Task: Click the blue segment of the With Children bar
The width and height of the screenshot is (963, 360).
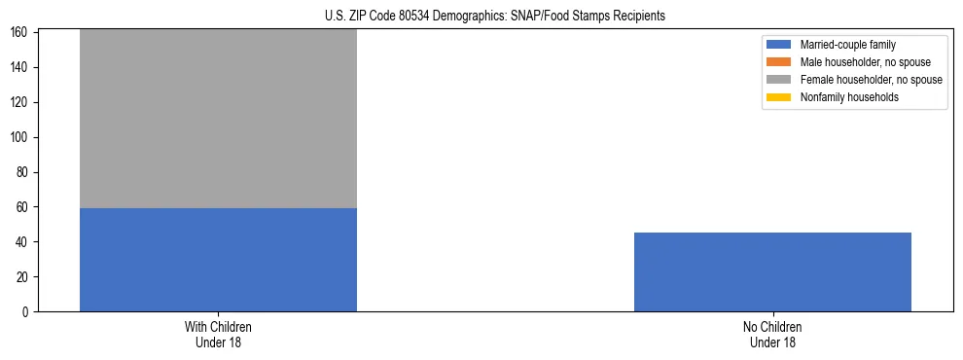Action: (218, 260)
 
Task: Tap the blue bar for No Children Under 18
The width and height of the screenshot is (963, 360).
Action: (772, 272)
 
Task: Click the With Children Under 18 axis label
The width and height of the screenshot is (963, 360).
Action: (218, 334)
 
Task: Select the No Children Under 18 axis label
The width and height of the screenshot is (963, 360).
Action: (772, 334)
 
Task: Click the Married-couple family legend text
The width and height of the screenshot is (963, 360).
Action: (847, 45)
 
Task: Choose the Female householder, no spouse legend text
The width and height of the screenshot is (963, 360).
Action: (871, 80)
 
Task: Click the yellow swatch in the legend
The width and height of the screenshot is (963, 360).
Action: (779, 97)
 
